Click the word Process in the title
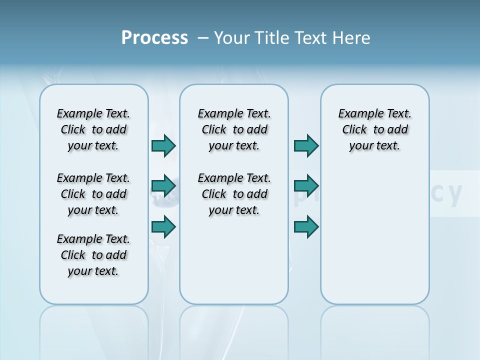(x=154, y=38)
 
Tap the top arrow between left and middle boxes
(x=163, y=146)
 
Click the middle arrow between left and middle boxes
(x=163, y=186)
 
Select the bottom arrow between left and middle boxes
(x=163, y=226)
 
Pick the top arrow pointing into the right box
(x=306, y=146)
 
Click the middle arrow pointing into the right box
(x=306, y=186)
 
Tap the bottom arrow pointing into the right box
(x=306, y=226)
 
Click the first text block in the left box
(x=93, y=129)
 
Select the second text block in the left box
(x=93, y=194)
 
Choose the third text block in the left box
(x=93, y=255)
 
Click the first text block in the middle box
(x=234, y=129)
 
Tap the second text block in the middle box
(x=234, y=194)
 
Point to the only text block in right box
(x=374, y=129)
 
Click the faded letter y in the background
(x=454, y=194)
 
